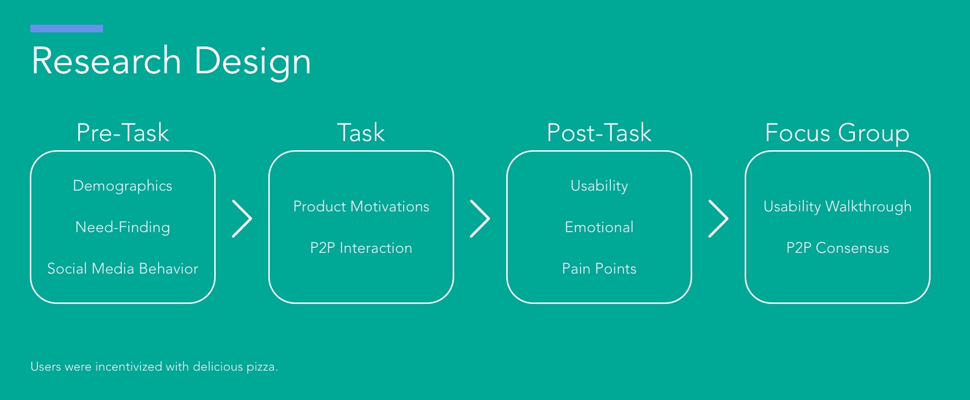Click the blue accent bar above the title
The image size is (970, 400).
67,28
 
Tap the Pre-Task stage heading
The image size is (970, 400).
123,133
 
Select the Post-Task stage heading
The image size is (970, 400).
599,133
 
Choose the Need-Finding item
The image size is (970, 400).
123,228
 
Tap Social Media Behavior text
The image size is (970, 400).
123,269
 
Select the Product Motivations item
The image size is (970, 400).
361,206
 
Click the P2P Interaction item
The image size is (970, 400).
361,248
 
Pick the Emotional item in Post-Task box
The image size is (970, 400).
599,227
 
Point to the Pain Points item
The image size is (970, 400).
599,269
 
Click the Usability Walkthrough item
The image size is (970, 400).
838,207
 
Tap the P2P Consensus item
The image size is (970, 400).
838,248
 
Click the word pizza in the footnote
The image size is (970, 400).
261,367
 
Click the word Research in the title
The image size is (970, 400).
107,61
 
